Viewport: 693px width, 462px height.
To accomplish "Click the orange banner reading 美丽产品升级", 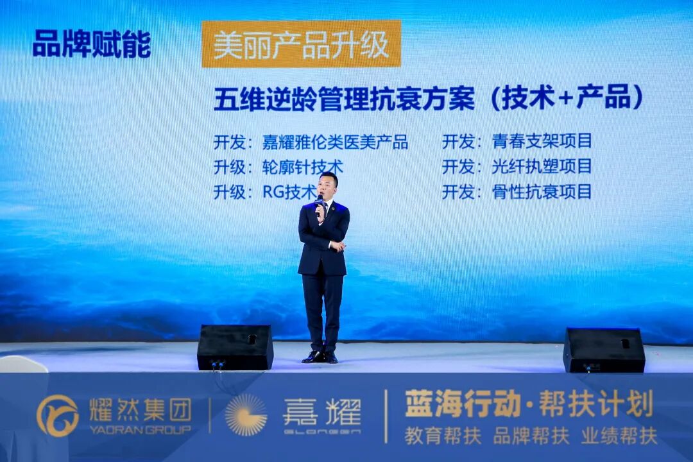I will pos(301,44).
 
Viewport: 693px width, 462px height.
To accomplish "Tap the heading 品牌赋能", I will pos(92,44).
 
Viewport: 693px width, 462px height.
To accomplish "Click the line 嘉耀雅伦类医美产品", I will pos(335,142).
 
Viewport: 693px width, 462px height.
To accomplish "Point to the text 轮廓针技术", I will pos(302,167).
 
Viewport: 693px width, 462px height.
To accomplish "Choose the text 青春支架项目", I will pos(542,141).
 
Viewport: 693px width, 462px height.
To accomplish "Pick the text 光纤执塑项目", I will pos(542,166).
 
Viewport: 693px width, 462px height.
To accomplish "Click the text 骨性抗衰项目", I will pos(542,191).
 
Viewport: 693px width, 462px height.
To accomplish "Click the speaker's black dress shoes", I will pos(320,357).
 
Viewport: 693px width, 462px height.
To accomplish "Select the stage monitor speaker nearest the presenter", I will pos(235,347).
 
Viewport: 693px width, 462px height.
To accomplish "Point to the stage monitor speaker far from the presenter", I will pos(604,350).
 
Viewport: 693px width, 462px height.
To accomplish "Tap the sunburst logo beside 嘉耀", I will pos(246,415).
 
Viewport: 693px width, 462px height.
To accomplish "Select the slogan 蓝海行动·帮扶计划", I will pos(528,404).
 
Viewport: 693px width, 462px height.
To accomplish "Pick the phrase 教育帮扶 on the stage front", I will pos(443,436).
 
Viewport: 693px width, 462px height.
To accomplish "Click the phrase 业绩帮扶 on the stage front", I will pos(619,436).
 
